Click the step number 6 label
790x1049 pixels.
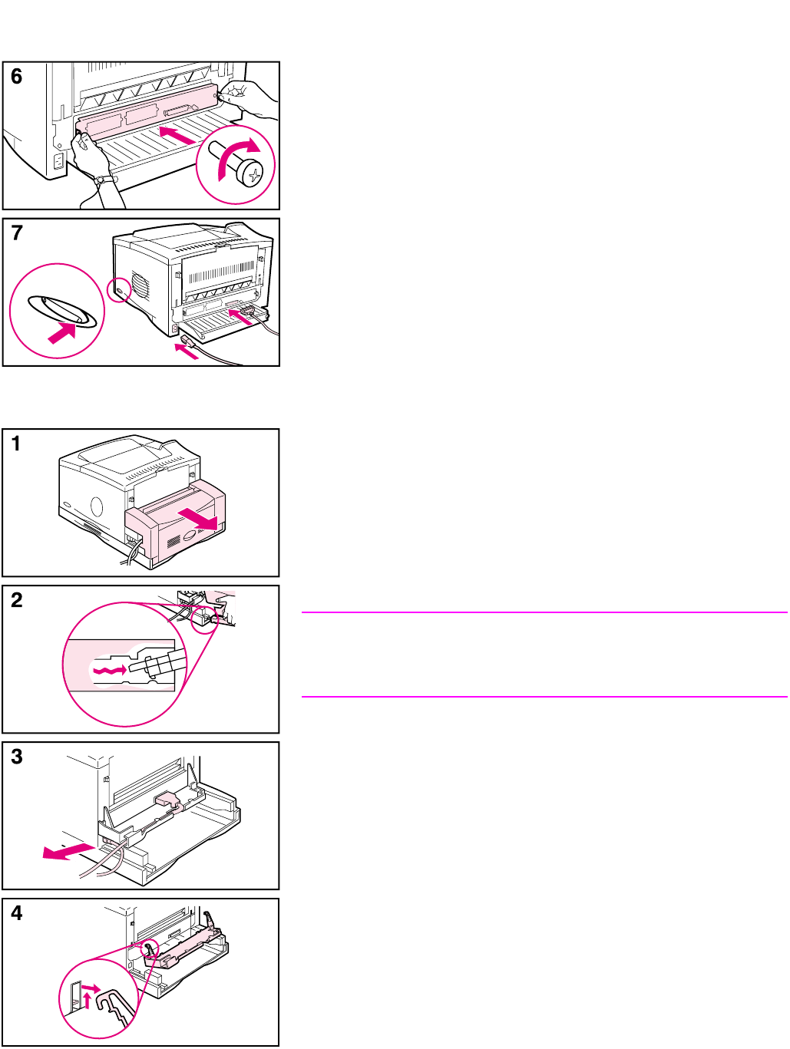[16, 76]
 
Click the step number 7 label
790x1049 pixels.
[16, 233]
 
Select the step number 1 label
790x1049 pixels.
[16, 443]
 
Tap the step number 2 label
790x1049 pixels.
[16, 599]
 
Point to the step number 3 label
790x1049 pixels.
[16, 756]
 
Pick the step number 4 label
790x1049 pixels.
[16, 912]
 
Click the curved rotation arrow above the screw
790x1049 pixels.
[240, 154]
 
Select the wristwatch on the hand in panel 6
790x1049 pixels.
[100, 180]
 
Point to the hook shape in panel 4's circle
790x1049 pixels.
[114, 1005]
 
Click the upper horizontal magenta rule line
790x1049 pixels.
[544, 612]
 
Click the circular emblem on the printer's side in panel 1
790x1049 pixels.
[96, 507]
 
